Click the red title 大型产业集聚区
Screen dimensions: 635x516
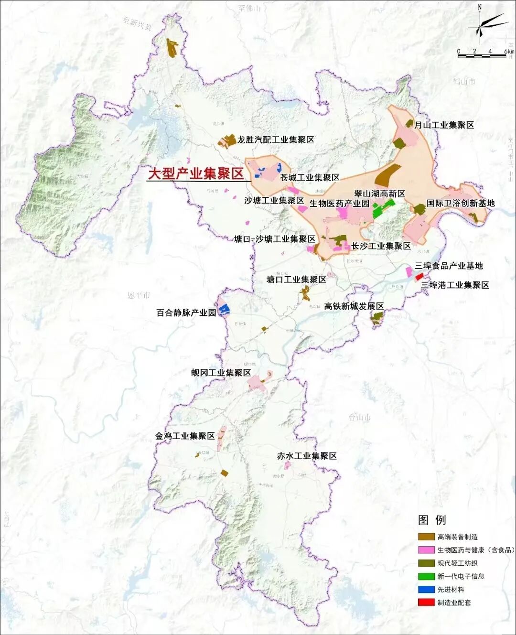point(195,173)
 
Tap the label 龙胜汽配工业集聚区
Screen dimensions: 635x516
point(276,140)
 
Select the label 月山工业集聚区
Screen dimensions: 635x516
point(444,125)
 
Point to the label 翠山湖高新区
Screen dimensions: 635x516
point(379,194)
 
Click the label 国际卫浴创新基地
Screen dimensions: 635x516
point(460,203)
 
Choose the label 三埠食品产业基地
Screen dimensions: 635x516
point(449,266)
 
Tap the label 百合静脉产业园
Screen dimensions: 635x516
point(186,312)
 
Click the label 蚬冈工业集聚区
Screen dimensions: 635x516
point(221,373)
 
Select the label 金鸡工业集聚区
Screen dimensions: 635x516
point(185,436)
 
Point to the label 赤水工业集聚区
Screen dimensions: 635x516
point(307,456)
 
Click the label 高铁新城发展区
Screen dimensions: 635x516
point(354,306)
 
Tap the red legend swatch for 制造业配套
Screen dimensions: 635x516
point(426,603)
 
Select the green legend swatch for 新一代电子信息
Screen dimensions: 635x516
point(426,576)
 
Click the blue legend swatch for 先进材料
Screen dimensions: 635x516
point(426,590)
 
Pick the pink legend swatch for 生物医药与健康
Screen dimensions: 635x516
point(426,550)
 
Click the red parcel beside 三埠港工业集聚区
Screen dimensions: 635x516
point(419,277)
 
